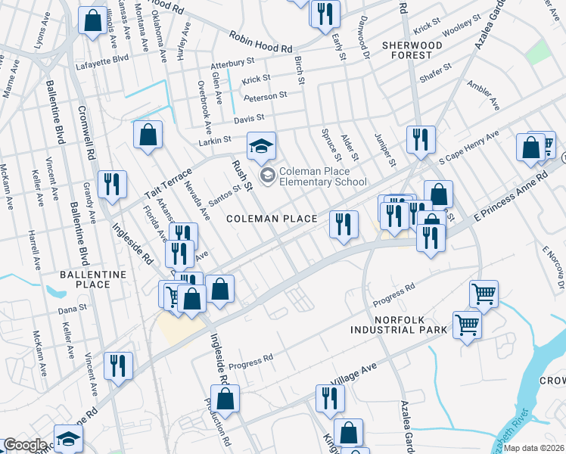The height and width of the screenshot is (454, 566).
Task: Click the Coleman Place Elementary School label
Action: pos(322,176)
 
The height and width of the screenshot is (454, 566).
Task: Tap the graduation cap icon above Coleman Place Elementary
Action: pos(262,146)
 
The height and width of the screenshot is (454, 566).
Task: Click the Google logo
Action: pos(25,445)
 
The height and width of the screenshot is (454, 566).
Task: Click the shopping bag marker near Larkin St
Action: pos(148,135)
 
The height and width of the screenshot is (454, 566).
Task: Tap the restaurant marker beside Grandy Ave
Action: pos(112,185)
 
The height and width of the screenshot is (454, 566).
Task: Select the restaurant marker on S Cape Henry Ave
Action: pos(418,139)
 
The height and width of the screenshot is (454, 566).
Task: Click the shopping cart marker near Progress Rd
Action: pos(484,293)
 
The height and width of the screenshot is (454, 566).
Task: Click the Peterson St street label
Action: pos(265,96)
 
